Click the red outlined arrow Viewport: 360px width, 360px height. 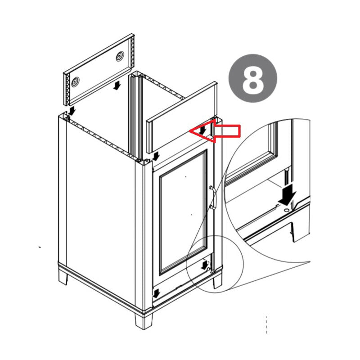pyautogui.click(x=215, y=131)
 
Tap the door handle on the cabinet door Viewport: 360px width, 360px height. pyautogui.click(x=213, y=198)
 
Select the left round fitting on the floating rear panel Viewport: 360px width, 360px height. pyautogui.click(x=75, y=81)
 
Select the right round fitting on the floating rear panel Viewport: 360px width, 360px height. pyautogui.click(x=120, y=56)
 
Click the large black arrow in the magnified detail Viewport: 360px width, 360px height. pyautogui.click(x=287, y=194)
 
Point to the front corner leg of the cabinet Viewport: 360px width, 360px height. pyautogui.click(x=144, y=320)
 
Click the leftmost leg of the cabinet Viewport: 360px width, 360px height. pyautogui.click(x=63, y=277)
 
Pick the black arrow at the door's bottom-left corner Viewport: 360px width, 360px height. pyautogui.click(x=156, y=293)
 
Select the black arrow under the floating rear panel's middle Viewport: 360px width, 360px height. pyautogui.click(x=117, y=85)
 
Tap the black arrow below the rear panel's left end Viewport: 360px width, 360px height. pyautogui.click(x=72, y=110)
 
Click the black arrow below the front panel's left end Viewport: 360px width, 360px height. pyautogui.click(x=156, y=156)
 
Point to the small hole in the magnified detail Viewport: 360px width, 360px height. pyautogui.click(x=286, y=210)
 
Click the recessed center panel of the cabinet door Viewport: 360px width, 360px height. pyautogui.click(x=183, y=212)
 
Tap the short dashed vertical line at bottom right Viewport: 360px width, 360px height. pyautogui.click(x=266, y=324)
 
